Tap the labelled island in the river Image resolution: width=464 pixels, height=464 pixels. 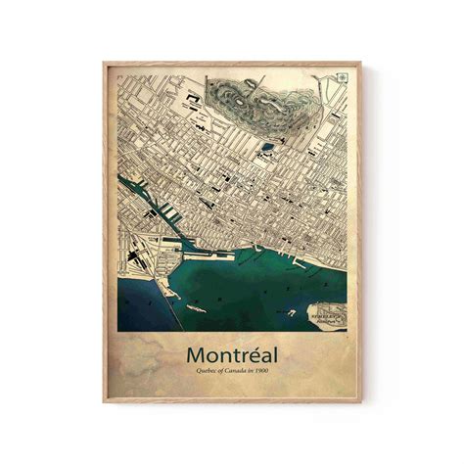click(x=326, y=315)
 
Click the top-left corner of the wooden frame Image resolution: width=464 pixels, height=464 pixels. click(x=104, y=64)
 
